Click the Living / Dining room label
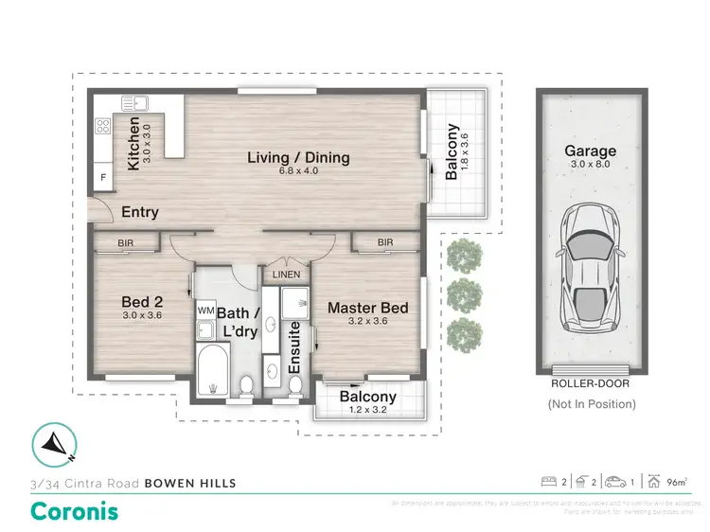point(298,157)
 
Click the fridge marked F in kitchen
point(102,177)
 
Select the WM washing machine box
point(205,310)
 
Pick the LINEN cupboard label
point(286,275)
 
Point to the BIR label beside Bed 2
point(125,243)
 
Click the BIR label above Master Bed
point(384,243)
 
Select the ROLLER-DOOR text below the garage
point(589,384)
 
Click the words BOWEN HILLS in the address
point(189,483)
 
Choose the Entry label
point(139,213)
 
